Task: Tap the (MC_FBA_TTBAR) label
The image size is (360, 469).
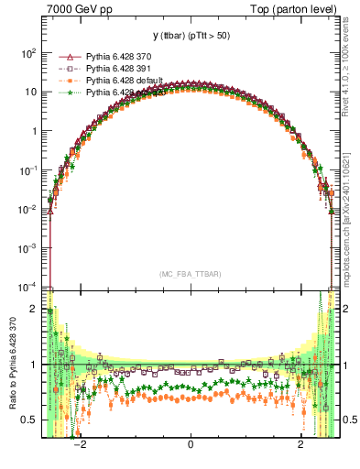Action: point(190,274)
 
